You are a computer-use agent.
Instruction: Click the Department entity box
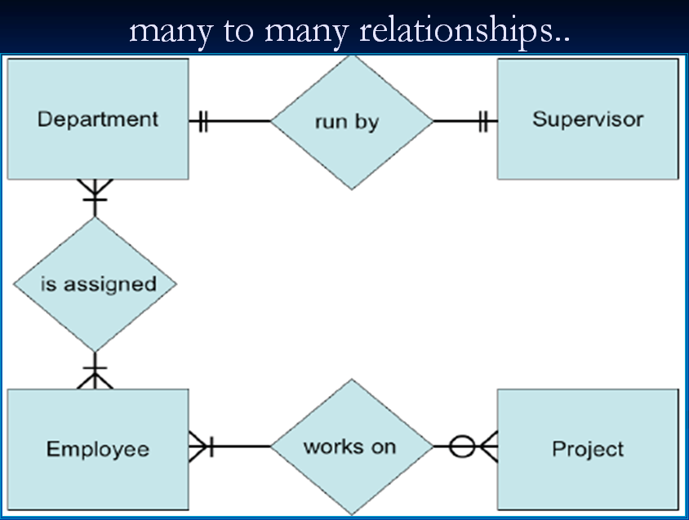pyautogui.click(x=98, y=118)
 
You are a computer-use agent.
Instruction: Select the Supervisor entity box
pyautogui.click(x=588, y=118)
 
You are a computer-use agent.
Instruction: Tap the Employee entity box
pyautogui.click(x=98, y=448)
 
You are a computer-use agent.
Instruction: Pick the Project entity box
pyautogui.click(x=588, y=448)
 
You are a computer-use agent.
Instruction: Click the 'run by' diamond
pyautogui.click(x=351, y=122)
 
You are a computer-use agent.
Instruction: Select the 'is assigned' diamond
pyautogui.click(x=96, y=284)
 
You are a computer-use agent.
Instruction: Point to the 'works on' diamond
pyautogui.click(x=351, y=447)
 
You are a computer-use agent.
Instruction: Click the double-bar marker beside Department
pyautogui.click(x=202, y=122)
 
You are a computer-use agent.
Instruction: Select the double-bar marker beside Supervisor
pyautogui.click(x=485, y=122)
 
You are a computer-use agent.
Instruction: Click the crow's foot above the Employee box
pyautogui.click(x=96, y=377)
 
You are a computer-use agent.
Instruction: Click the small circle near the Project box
pyautogui.click(x=462, y=447)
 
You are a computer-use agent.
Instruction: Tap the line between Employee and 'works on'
pyautogui.click(x=242, y=447)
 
